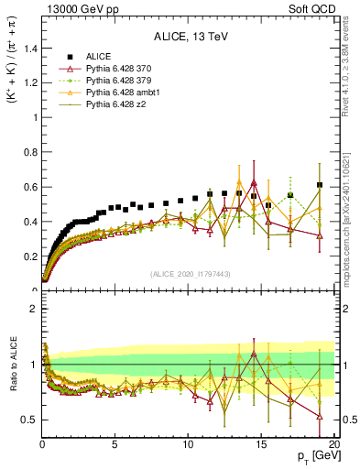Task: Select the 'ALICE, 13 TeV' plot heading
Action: click(x=189, y=38)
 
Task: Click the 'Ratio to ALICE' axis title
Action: click(x=13, y=376)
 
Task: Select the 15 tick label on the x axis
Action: click(x=261, y=444)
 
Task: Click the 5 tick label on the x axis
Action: click(x=115, y=444)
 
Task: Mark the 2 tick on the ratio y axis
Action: click(x=33, y=309)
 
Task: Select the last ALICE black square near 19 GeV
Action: click(x=320, y=185)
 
